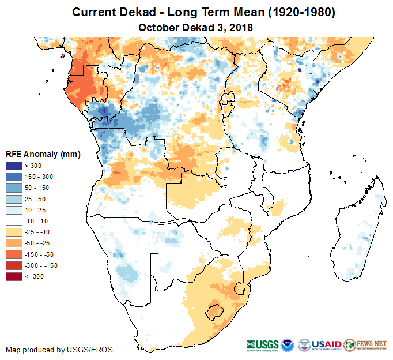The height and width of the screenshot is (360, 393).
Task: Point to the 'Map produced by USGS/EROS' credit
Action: coord(59,350)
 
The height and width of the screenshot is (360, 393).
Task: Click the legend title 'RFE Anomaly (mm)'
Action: coord(43,154)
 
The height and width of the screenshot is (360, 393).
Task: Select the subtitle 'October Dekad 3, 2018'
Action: coord(196,27)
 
